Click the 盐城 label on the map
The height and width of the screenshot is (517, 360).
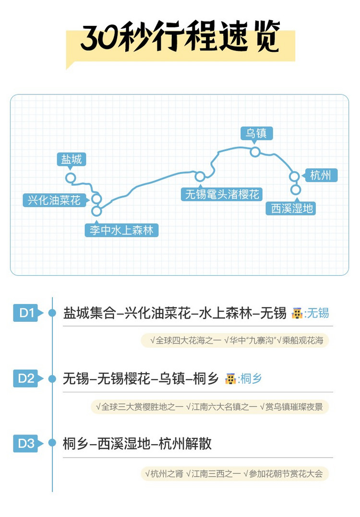click(x=71, y=159)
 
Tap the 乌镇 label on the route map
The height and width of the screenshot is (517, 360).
click(x=256, y=133)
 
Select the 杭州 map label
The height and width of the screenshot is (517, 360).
click(x=320, y=175)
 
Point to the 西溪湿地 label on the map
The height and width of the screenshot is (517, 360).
click(x=291, y=208)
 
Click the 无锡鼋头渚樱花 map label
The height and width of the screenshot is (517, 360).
click(x=222, y=194)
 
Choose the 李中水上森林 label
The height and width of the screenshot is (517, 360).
click(x=121, y=230)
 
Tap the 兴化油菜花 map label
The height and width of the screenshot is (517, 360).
click(x=54, y=200)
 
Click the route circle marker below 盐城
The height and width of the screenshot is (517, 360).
click(x=71, y=178)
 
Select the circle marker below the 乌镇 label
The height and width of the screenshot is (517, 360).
click(x=255, y=152)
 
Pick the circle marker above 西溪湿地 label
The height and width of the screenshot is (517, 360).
click(x=296, y=189)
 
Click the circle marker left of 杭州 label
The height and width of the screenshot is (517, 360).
click(x=294, y=176)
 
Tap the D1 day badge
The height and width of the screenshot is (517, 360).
click(x=28, y=313)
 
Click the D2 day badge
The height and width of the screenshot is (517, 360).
click(x=28, y=378)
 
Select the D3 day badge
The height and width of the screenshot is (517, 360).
click(x=28, y=444)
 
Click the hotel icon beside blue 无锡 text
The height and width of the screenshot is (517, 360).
click(x=297, y=313)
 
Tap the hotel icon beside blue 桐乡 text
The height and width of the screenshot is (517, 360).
click(x=230, y=378)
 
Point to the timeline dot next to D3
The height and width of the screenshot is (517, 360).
click(x=52, y=443)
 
